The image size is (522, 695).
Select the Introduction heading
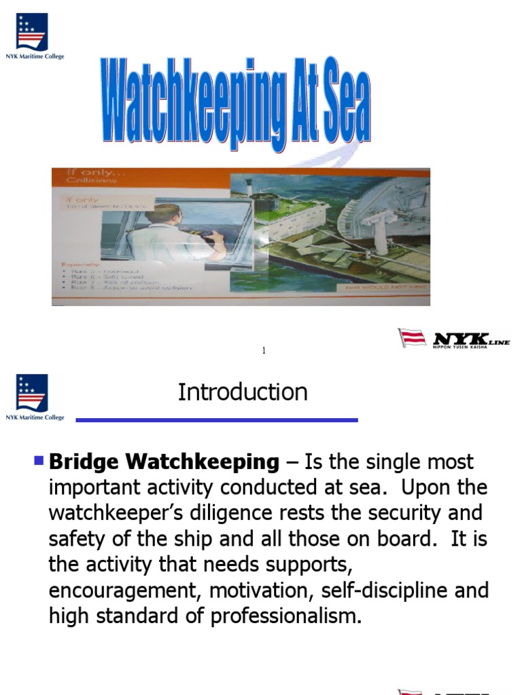tap(243, 392)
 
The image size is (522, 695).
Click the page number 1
tap(264, 350)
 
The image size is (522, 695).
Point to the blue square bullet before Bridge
tap(39, 462)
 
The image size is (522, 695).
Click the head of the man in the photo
tap(163, 215)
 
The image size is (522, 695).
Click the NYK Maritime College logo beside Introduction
tap(34, 397)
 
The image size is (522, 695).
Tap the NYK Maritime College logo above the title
tap(34, 36)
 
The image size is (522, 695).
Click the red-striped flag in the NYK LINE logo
tap(411, 338)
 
